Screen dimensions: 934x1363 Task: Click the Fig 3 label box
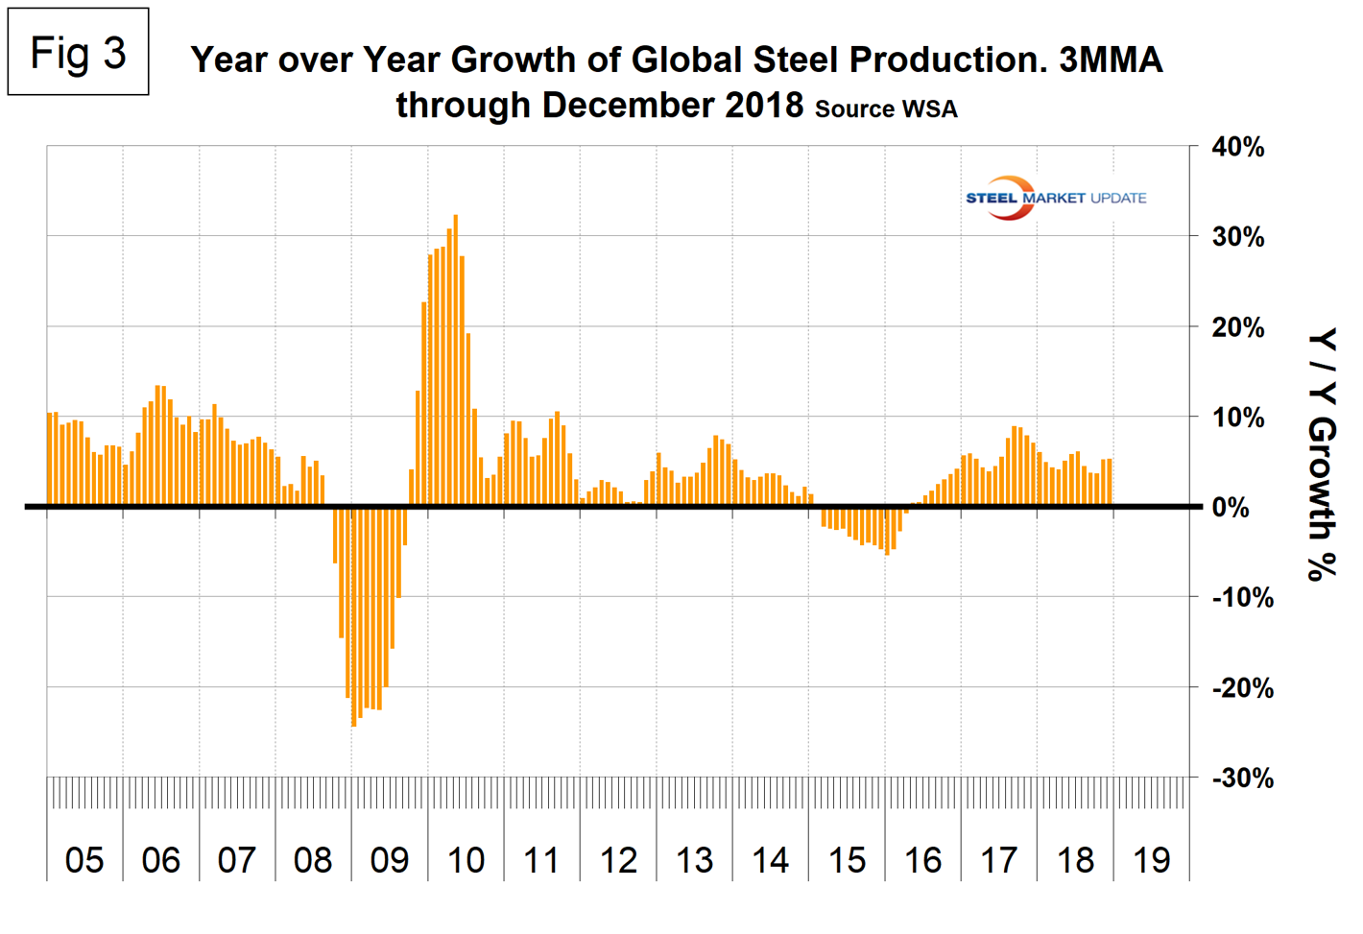pos(78,52)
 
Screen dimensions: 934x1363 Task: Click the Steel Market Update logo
pos(1055,198)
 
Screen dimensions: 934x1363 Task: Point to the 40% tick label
pos(1238,148)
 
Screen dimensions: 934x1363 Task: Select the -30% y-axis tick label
pos(1242,778)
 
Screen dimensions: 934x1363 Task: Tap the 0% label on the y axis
pos(1231,508)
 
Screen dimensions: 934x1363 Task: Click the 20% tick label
pos(1238,327)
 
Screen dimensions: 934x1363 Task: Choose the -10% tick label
pos(1242,598)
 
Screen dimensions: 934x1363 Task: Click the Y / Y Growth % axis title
pos(1322,454)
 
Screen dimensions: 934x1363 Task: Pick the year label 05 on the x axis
pos(84,860)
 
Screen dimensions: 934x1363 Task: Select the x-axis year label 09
pos(390,860)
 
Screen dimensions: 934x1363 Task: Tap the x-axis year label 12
pos(618,860)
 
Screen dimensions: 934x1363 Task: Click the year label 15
pos(847,860)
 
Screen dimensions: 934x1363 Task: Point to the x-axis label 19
pos(1152,860)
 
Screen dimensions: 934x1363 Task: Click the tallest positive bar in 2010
pos(455,360)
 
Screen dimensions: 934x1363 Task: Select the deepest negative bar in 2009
pos(354,615)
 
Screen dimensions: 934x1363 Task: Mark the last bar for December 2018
pos(1110,482)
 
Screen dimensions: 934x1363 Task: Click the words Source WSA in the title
pos(886,109)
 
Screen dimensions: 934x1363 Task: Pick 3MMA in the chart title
pos(1111,60)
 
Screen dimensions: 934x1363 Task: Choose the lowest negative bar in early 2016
pos(887,531)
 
